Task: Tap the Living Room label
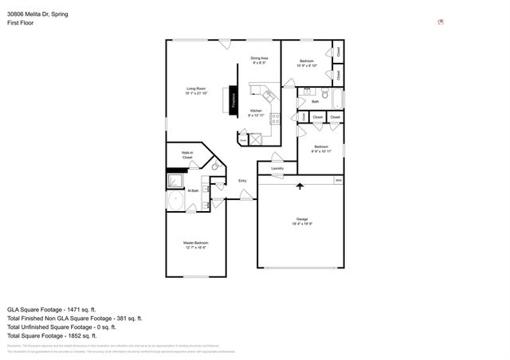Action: tap(196, 91)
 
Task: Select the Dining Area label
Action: tap(259, 60)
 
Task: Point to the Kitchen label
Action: tap(256, 113)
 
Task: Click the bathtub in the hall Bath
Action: tap(338, 100)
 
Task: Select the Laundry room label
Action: tap(277, 168)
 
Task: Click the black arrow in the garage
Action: tap(300, 186)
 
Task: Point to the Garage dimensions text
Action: tap(300, 225)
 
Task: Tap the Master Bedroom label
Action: tap(194, 245)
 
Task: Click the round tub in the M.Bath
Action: tap(175, 200)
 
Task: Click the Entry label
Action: tap(242, 181)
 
